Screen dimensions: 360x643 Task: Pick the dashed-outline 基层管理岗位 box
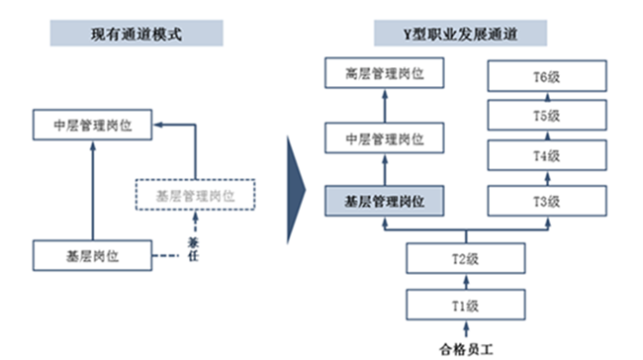coord(195,195)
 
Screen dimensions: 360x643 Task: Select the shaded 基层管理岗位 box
coord(385,202)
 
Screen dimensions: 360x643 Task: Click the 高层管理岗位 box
coord(385,73)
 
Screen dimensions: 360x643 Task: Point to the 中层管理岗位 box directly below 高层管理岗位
coord(385,137)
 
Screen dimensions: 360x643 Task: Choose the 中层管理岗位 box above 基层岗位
coord(91,126)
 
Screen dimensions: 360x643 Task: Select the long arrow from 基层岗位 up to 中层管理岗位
coord(91,188)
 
